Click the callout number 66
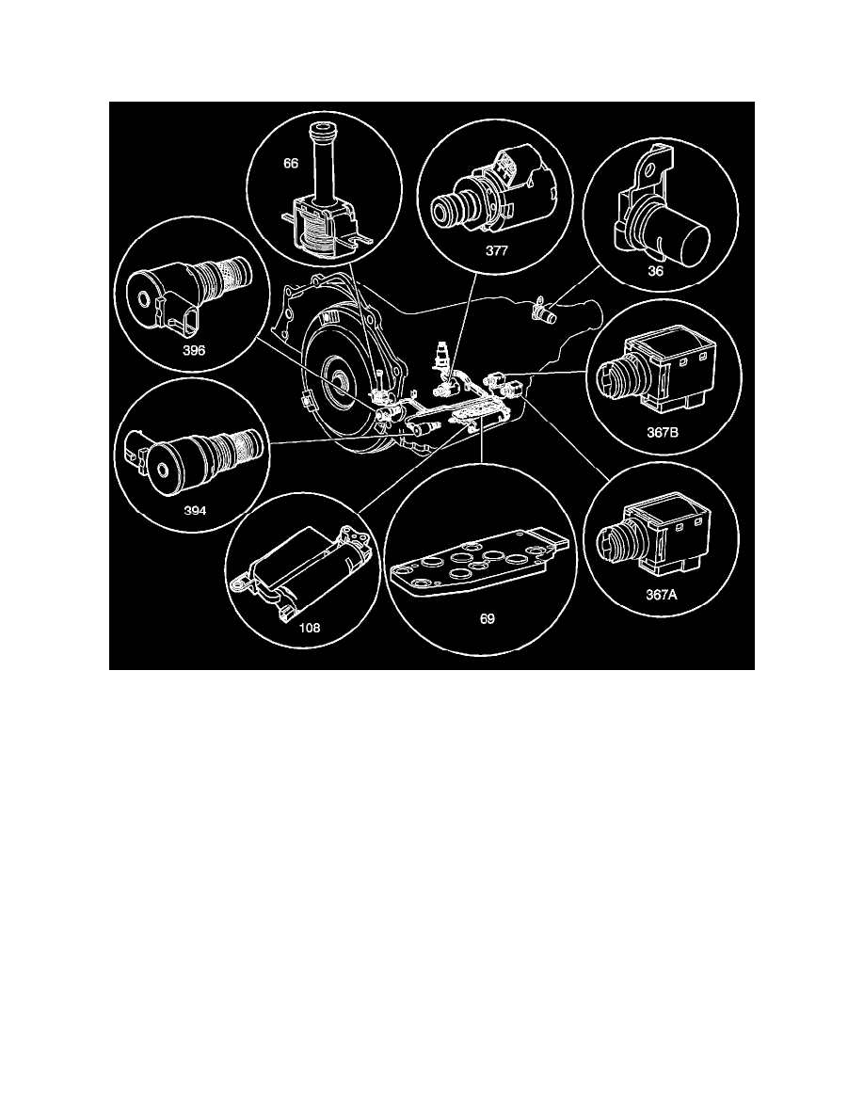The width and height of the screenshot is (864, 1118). click(290, 164)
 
